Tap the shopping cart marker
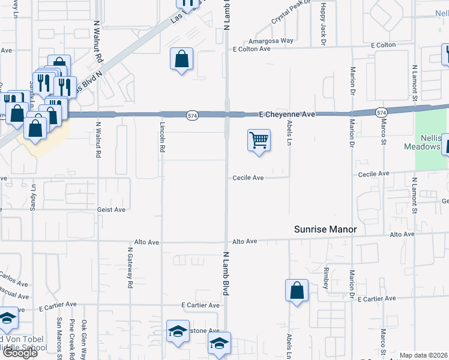259,141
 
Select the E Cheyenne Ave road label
287,113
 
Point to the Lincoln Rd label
162,137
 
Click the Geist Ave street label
111,209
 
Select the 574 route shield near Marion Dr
381,112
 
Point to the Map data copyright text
424,355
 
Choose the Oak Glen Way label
85,338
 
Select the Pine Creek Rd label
71,338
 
